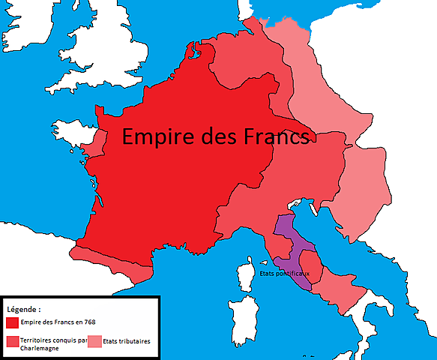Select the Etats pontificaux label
285,273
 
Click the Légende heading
24,309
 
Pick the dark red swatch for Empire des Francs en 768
12,323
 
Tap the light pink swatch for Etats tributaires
94,341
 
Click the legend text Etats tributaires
127,340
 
